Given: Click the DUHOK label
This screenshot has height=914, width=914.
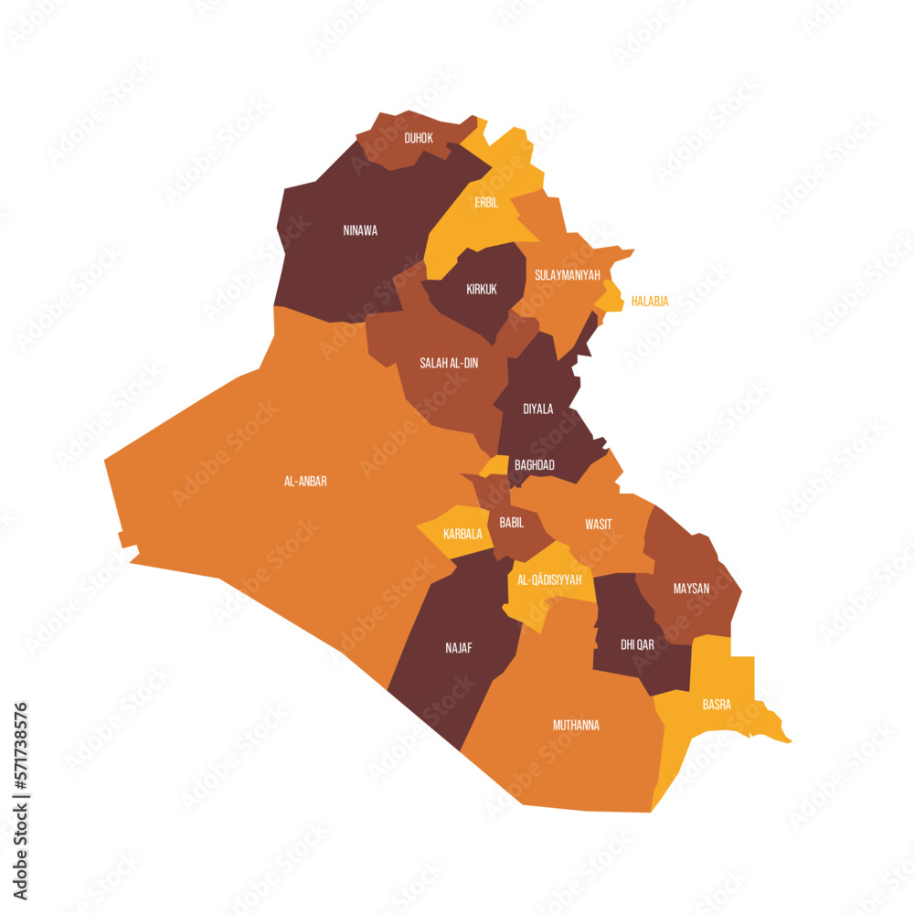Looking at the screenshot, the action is tap(419, 138).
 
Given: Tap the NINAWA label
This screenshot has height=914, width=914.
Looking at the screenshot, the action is tap(360, 230).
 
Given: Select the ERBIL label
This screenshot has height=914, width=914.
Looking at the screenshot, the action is tap(486, 202).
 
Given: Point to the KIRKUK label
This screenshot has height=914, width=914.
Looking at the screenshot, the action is tap(482, 289).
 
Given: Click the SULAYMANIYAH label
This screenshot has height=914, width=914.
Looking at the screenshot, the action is tap(567, 274).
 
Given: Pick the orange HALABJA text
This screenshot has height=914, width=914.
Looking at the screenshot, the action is tap(650, 301).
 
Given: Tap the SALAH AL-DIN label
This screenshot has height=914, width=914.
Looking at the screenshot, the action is tap(449, 363).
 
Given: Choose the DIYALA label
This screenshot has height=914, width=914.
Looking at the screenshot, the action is tap(537, 409).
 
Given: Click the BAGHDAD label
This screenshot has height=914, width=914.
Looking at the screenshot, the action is tap(534, 464).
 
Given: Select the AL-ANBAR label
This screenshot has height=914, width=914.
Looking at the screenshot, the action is tap(305, 481).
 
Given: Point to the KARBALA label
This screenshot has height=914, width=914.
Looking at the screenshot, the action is tap(462, 534).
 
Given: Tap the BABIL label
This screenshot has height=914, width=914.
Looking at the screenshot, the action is tap(512, 522).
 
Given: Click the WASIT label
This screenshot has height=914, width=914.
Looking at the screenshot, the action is tap(599, 524).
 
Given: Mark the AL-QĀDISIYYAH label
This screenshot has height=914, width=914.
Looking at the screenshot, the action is tap(549, 579).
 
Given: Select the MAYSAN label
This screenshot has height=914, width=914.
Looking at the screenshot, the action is tap(691, 588).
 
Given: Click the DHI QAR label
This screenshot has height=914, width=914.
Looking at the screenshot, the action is tap(637, 644).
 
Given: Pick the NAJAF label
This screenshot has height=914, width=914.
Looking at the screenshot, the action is tap(459, 647).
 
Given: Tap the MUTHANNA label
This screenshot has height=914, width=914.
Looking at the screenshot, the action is tap(576, 725).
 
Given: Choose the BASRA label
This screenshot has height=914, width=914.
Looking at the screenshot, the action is tap(717, 704).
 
